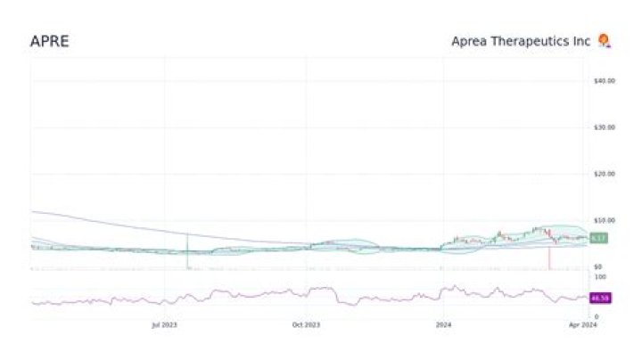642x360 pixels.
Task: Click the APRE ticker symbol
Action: pyautogui.click(x=49, y=41)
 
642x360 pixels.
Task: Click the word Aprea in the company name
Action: pyautogui.click(x=470, y=41)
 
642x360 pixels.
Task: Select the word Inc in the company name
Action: pyautogui.click(x=583, y=41)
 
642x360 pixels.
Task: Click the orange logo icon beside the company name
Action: pyautogui.click(x=605, y=40)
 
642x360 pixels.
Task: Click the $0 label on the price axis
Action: pyautogui.click(x=599, y=266)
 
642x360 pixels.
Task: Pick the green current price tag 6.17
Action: pyautogui.click(x=599, y=238)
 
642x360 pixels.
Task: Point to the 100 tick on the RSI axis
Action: pyautogui.click(x=599, y=276)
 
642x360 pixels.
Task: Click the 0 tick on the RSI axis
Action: pyautogui.click(x=596, y=316)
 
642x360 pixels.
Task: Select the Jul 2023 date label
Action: pyautogui.click(x=164, y=325)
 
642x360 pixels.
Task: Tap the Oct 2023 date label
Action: pyautogui.click(x=306, y=325)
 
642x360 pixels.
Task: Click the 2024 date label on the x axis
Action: pyautogui.click(x=441, y=325)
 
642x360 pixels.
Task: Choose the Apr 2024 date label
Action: pyautogui.click(x=583, y=325)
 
